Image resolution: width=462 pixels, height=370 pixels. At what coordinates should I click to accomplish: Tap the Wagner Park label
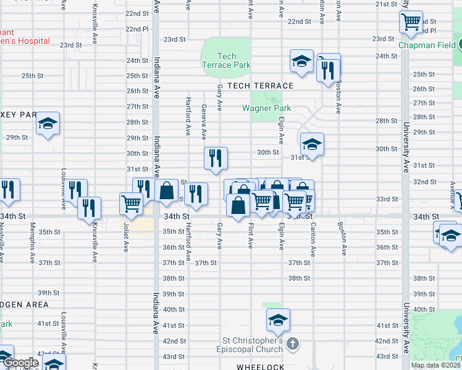click(266, 109)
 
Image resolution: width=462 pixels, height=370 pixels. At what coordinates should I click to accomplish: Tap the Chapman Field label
click(426, 45)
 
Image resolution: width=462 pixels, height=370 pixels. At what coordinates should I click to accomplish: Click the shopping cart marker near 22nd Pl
click(411, 23)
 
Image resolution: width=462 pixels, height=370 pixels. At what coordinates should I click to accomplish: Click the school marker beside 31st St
click(313, 145)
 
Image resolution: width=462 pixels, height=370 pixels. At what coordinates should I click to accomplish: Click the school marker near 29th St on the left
click(48, 123)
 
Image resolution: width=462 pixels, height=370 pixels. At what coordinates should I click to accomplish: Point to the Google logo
click(21, 363)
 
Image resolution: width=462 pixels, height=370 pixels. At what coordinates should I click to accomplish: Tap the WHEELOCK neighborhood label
click(260, 366)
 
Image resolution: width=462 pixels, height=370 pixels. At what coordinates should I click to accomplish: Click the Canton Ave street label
click(313, 237)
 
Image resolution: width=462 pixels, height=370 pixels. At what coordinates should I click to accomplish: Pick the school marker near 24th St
click(301, 61)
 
